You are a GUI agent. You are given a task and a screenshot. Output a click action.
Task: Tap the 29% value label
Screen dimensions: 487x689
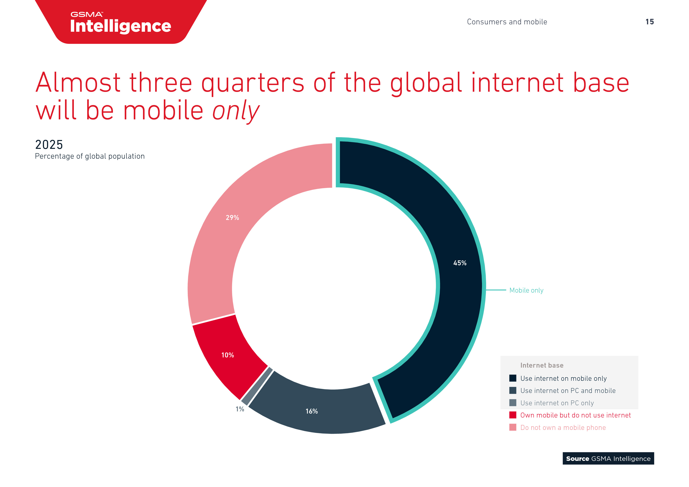click(x=232, y=218)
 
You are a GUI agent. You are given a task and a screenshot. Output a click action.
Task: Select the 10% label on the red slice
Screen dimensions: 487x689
click(x=227, y=355)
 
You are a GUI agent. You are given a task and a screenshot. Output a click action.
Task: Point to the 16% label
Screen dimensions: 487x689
click(x=312, y=411)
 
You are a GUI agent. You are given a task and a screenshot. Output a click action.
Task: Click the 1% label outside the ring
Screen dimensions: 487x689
click(x=240, y=409)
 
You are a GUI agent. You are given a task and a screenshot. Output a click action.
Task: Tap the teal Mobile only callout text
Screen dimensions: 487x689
click(x=526, y=290)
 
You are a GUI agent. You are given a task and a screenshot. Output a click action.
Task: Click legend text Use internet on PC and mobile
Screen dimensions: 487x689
click(x=568, y=391)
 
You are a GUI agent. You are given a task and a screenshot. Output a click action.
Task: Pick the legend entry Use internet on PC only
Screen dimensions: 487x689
click(x=557, y=403)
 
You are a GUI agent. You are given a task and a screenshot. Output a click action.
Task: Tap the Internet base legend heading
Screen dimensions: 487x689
click(x=542, y=365)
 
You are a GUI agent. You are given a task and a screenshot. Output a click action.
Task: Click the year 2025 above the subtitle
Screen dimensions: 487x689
click(x=49, y=145)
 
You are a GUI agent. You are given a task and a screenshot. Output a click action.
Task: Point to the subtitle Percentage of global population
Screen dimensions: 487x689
click(x=90, y=156)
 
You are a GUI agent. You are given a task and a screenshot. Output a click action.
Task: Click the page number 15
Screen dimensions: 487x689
click(x=649, y=22)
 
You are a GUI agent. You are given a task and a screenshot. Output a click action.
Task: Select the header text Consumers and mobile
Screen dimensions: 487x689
click(x=507, y=22)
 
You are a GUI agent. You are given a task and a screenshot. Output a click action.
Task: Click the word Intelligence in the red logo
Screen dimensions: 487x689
click(x=120, y=26)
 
